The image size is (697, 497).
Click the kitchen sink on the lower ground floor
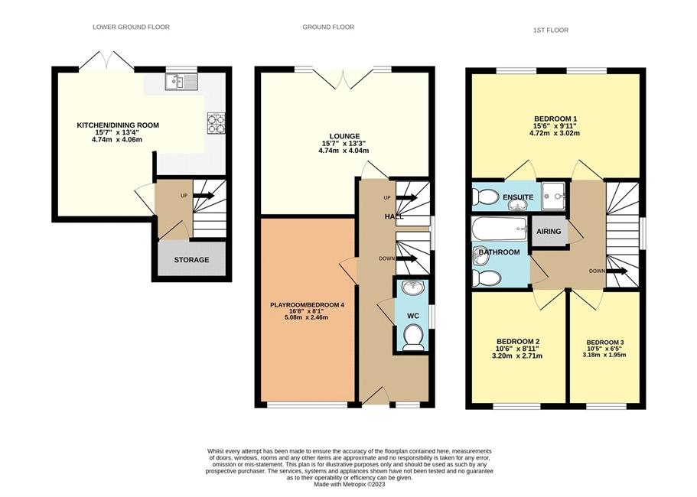point(181,82)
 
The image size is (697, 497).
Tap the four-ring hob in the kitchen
point(216,123)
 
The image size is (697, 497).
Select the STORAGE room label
point(191,260)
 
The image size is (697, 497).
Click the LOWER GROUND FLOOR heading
point(131,27)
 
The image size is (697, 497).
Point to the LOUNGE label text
point(344,136)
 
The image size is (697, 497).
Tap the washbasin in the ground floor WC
point(413,287)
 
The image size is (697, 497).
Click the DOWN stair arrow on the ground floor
point(406,258)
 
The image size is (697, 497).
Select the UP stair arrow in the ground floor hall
point(406,197)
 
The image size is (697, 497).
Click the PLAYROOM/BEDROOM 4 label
point(307,305)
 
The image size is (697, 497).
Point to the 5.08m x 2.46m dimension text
point(307,317)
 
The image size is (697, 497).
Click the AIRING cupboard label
point(549,232)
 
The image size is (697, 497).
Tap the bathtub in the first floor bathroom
point(500,229)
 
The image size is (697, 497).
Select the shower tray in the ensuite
point(553,196)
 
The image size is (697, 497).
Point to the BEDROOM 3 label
point(605,343)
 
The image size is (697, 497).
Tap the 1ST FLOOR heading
point(551,30)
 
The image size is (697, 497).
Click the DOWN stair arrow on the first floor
point(617,271)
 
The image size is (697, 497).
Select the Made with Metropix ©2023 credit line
point(350,485)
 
